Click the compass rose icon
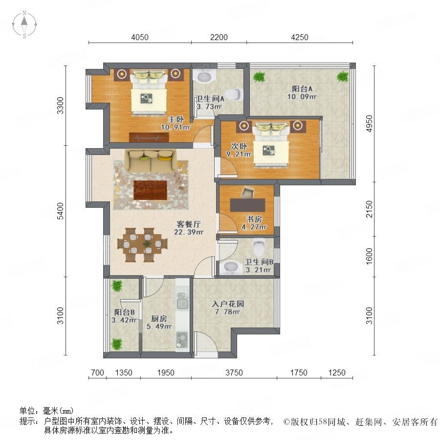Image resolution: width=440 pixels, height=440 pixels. pos(24,24)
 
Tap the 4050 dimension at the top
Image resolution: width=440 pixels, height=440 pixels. pos(140,37)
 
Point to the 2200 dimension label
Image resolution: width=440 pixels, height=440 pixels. pos(219,37)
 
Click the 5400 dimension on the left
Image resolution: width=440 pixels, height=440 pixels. pos(60,211)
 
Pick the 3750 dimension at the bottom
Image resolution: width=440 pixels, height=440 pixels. pos(234,373)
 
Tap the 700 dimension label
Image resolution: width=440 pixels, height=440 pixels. pos(98,373)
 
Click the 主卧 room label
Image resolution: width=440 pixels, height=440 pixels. pos(176,119)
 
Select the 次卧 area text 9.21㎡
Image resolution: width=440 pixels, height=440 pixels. pos(239,154)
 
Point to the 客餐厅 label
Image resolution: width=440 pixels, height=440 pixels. pos(189,224)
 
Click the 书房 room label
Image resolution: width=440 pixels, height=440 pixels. pos(254,219)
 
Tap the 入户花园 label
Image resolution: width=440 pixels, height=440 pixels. pos(228,304)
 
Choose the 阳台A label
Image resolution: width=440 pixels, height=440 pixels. pos(302,89)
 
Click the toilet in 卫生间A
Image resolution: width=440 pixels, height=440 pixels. pos(234,94)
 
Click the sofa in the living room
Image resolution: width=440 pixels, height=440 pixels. pos(152,160)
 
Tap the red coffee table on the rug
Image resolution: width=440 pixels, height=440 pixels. pos(151,190)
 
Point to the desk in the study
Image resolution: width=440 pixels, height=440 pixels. pos(247,205)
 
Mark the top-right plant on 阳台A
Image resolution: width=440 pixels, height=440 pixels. pos(342,76)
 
